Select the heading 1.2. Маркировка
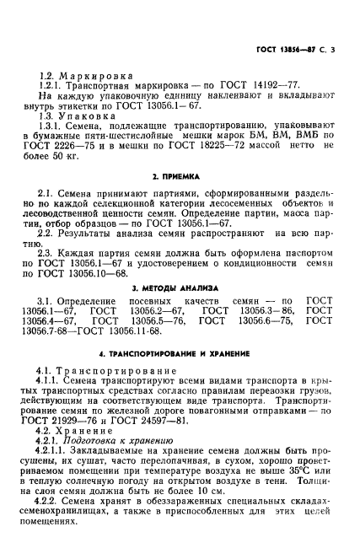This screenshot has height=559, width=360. click(77, 75)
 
